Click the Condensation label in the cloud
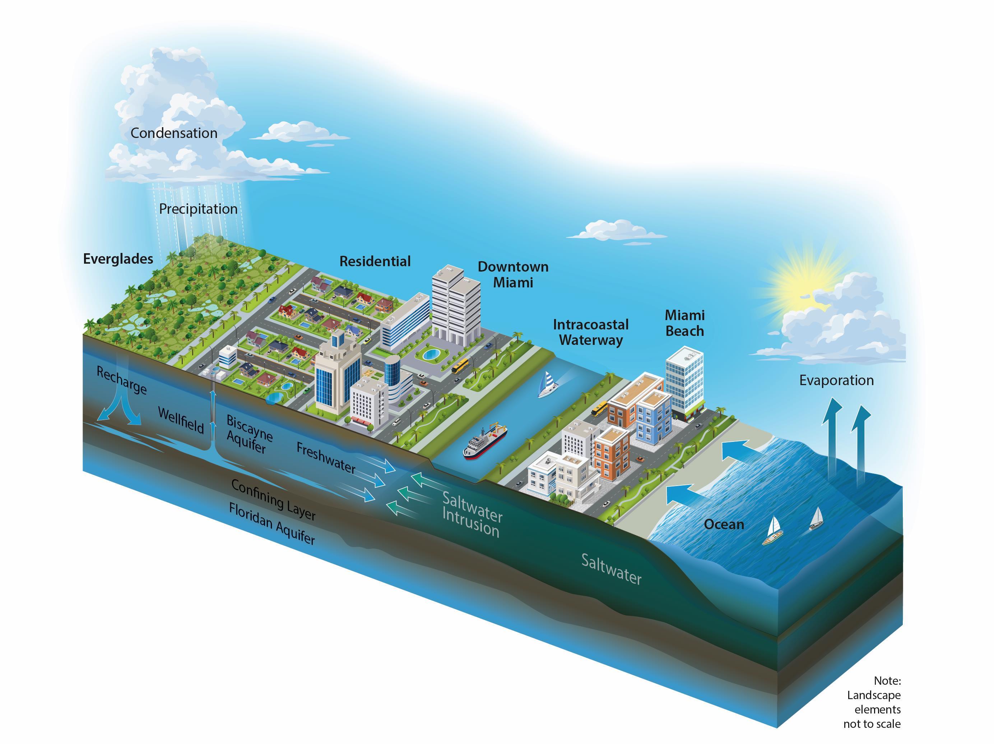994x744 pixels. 174,133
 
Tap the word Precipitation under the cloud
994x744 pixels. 198,209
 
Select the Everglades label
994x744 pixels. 118,259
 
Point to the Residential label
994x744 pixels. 375,261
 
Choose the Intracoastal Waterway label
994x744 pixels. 590,332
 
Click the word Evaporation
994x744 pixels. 836,380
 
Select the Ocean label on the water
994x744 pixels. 724,524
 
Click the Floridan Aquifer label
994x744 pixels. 272,523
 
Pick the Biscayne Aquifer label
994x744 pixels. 249,434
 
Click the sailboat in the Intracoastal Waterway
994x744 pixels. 547,385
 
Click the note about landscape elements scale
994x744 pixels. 873,702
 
